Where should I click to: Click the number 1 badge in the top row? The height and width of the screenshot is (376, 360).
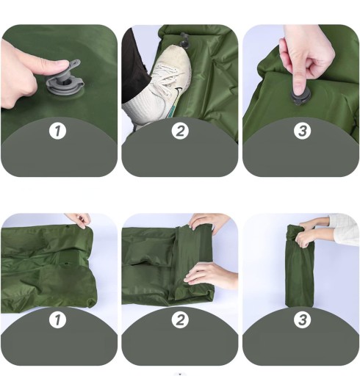[57, 131]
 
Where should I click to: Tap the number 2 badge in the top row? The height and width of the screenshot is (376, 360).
[180, 131]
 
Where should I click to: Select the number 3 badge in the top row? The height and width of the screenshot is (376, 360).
[303, 131]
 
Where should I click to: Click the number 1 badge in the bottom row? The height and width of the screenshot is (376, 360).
[57, 319]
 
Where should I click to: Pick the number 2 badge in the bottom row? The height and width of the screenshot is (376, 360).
[180, 319]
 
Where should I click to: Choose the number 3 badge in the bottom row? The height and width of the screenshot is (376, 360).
[303, 319]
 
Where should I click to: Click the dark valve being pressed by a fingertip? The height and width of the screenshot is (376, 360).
[300, 97]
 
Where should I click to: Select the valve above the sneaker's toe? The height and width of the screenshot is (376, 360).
[184, 41]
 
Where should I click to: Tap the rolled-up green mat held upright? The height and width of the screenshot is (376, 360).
[299, 267]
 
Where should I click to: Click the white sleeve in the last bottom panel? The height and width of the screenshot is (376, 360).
[344, 230]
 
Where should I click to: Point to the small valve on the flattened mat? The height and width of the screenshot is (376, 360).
[66, 264]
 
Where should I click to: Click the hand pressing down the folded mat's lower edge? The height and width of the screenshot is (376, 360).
[211, 275]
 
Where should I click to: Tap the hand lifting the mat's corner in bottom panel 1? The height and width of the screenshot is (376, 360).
[79, 220]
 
